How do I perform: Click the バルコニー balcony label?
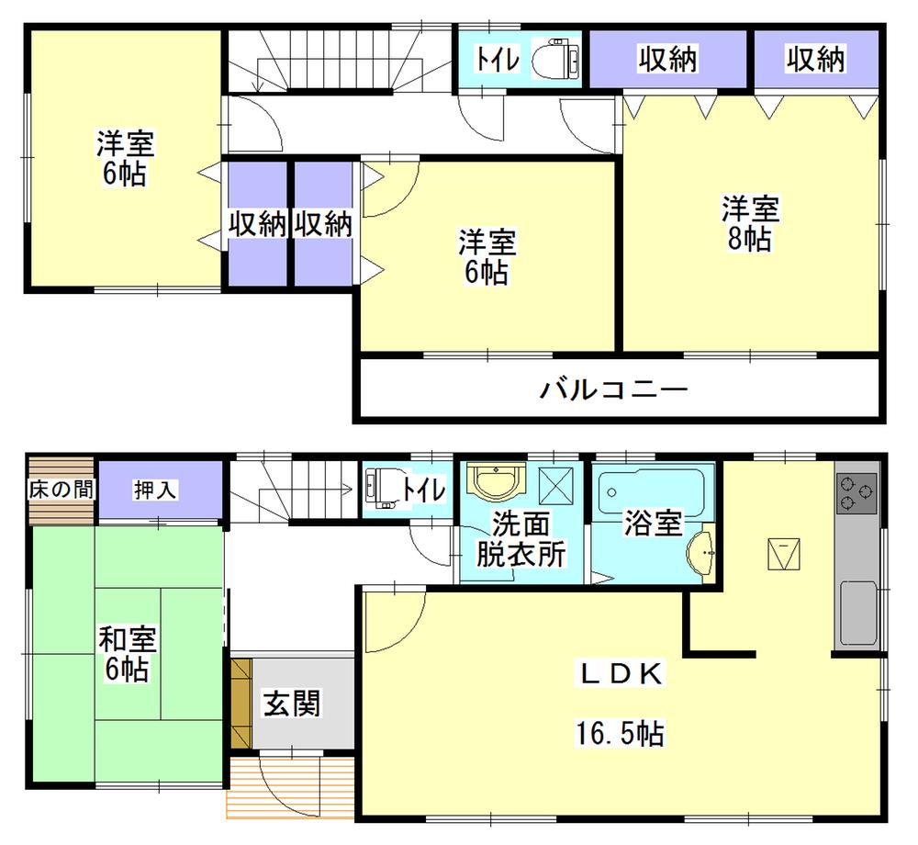tap(613, 389)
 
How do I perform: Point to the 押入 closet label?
tap(155, 490)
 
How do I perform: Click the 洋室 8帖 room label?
tap(750, 223)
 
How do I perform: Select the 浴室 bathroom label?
tap(653, 524)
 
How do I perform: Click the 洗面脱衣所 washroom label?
tap(521, 539)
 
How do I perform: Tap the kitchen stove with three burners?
tap(857, 494)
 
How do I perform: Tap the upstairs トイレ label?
tap(498, 60)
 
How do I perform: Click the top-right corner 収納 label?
tap(814, 60)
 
